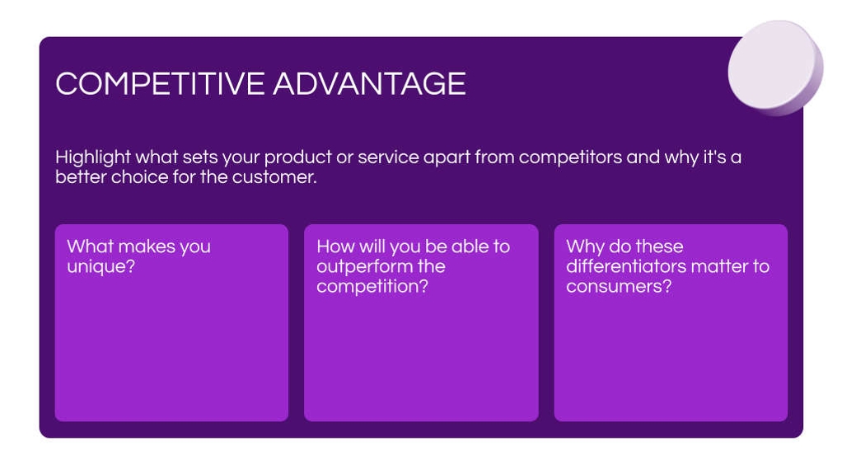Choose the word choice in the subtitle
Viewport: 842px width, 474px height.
pyautogui.click(x=139, y=177)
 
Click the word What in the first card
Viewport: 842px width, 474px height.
pyautogui.click(x=90, y=246)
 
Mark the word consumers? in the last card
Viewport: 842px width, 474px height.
pyautogui.click(x=619, y=287)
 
